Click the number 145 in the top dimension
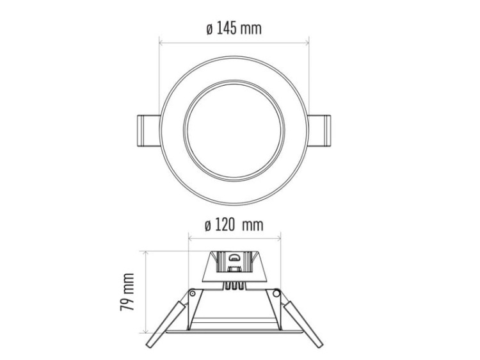pos(229,29)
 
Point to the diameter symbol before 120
pos(207,225)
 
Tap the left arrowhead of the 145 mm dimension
pos(161,44)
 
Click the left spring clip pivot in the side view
pos(191,292)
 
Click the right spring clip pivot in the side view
pos(276,292)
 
